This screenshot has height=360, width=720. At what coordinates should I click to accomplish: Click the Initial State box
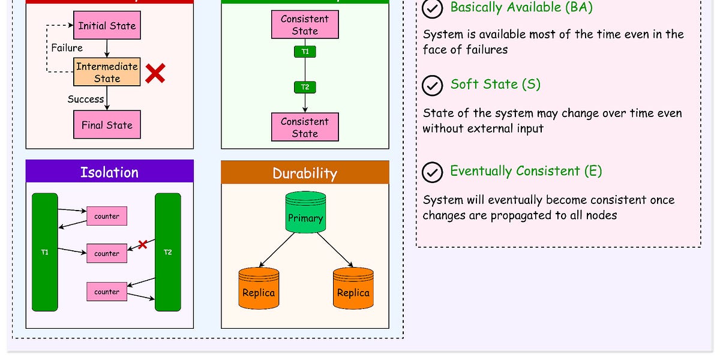pyautogui.click(x=107, y=26)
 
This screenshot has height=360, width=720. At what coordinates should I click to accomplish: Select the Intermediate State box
pyautogui.click(x=107, y=72)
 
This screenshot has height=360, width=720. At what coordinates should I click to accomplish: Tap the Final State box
pyautogui.click(x=107, y=125)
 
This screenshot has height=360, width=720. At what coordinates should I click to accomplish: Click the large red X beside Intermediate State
pyautogui.click(x=155, y=74)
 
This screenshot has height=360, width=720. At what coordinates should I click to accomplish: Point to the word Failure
pyautogui.click(x=67, y=48)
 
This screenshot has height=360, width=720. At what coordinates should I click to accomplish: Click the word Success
pyautogui.click(x=85, y=99)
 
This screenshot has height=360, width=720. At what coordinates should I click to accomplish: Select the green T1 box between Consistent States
pyautogui.click(x=305, y=52)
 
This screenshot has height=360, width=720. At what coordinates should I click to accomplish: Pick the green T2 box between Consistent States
pyautogui.click(x=305, y=88)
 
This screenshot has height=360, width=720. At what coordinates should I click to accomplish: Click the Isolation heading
pyautogui.click(x=109, y=172)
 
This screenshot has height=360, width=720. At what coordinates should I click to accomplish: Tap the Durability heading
pyautogui.click(x=305, y=173)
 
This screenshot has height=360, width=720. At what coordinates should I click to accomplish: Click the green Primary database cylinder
pyautogui.click(x=305, y=212)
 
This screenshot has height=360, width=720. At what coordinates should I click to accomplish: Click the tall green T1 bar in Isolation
pyautogui.click(x=45, y=252)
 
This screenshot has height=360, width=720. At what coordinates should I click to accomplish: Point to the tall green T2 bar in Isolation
pyautogui.click(x=167, y=252)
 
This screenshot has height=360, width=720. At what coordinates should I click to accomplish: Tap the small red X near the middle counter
pyautogui.click(x=143, y=244)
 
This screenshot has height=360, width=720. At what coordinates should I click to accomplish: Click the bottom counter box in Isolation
pyautogui.click(x=107, y=292)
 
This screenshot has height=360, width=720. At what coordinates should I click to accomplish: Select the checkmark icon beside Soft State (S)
pyautogui.click(x=431, y=86)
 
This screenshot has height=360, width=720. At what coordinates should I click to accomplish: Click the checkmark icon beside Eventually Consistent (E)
pyautogui.click(x=431, y=172)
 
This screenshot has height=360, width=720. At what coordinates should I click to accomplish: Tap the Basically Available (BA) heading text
pyautogui.click(x=521, y=8)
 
